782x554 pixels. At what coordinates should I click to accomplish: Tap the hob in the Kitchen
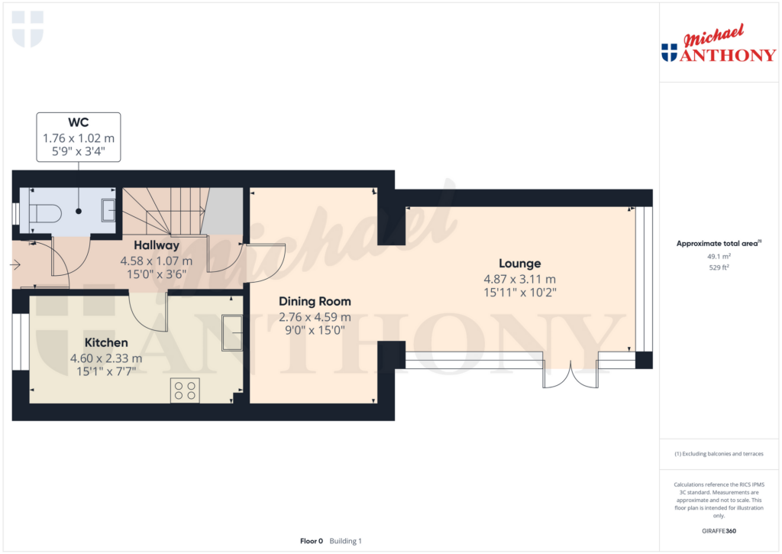pos(185,390)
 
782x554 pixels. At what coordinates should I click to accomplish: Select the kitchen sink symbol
pos(232,332)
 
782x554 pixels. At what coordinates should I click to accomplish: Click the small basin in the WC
pos(108,210)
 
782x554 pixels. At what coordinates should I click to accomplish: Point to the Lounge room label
pos(519,264)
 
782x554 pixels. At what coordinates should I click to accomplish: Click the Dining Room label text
pos(315,302)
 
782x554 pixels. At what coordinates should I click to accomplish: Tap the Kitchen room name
pos(106,342)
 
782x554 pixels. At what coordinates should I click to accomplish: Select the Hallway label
pos(157,245)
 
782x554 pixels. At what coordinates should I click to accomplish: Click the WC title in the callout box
pos(79,122)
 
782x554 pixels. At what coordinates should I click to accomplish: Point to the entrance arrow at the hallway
pos(15,264)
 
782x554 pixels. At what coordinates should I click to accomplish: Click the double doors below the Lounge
pos(570,375)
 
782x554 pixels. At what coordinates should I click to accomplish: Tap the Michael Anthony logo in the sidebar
pos(719,44)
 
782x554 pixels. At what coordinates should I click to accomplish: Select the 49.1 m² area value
pos(719,257)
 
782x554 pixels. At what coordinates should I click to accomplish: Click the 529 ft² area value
pos(719,267)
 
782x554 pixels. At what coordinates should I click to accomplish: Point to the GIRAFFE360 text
pos(719,531)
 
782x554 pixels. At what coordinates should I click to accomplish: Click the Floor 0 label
pos(312,541)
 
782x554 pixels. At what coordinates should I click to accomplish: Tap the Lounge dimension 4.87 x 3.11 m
pos(519,279)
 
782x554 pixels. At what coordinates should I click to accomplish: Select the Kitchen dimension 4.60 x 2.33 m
pos(106,358)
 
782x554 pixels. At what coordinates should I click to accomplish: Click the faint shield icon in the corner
pos(27,30)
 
